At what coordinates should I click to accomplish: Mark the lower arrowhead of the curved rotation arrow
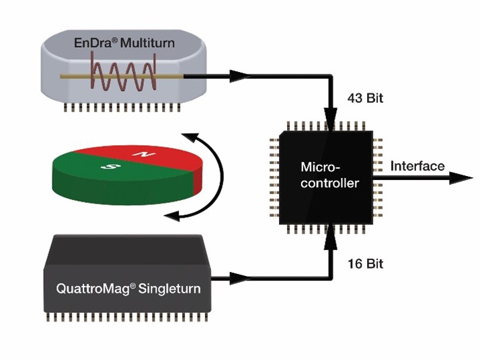coord(173,215)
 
